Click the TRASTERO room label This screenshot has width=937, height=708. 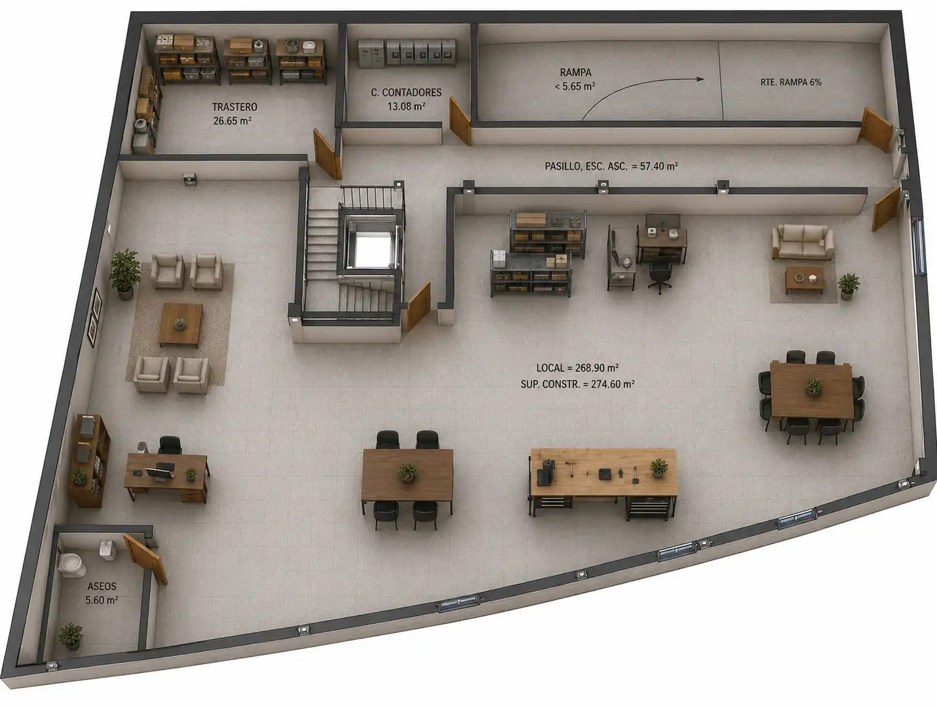click(x=235, y=107)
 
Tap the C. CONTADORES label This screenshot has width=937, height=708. click(x=406, y=92)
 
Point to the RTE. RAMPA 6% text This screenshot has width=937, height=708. click(x=791, y=82)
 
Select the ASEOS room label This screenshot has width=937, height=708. click(x=102, y=586)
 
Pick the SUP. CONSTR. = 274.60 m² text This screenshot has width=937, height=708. click(x=577, y=384)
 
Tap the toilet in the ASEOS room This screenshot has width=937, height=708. click(x=71, y=565)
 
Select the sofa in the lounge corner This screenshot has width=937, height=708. click(x=803, y=241)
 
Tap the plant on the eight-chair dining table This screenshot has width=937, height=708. click(x=814, y=386)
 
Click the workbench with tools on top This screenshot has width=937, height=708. click(x=603, y=483)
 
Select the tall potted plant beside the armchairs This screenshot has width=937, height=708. click(x=125, y=273)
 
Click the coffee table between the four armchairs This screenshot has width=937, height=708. click(x=181, y=324)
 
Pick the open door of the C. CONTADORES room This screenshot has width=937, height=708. click(x=460, y=121)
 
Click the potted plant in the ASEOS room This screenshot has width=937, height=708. click(x=71, y=637)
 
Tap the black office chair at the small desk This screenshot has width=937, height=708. click(x=660, y=276)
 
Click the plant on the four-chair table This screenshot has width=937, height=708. click(x=408, y=472)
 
